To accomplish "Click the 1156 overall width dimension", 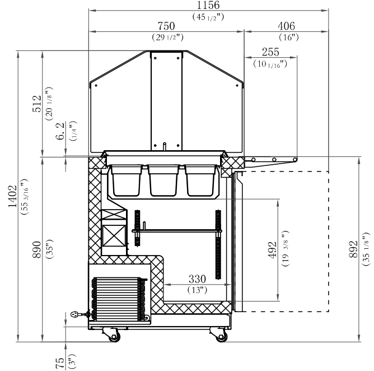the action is click(208, 5).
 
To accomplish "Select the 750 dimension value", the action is click(166, 26).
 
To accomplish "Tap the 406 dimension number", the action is click(286, 26).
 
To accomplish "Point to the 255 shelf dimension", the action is click(270, 52).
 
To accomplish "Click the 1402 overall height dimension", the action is click(12, 196).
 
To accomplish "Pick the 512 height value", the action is click(37, 104).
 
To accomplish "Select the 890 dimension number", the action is click(37, 250).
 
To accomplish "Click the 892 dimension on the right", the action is click(353, 250).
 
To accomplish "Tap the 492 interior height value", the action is click(273, 250).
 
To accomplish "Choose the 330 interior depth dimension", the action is click(197, 279).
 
